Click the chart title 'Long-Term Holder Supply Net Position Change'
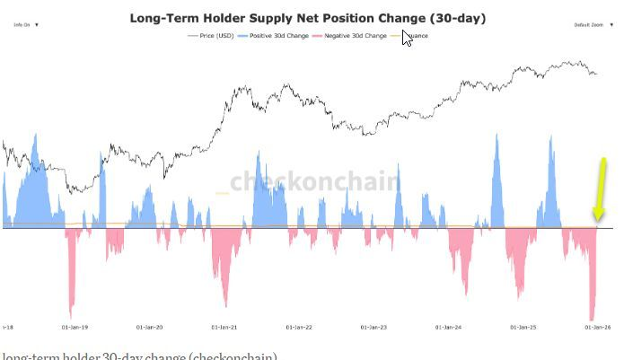click(x=310, y=18)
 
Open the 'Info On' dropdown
click(x=25, y=25)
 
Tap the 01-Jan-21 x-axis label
click(x=223, y=328)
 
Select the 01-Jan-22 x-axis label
click(x=299, y=328)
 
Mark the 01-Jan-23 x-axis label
click(x=373, y=328)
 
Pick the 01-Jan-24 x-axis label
click(x=447, y=328)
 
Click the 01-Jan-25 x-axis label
click(x=523, y=328)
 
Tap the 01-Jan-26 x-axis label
click(x=597, y=328)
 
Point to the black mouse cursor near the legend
click(x=407, y=38)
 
